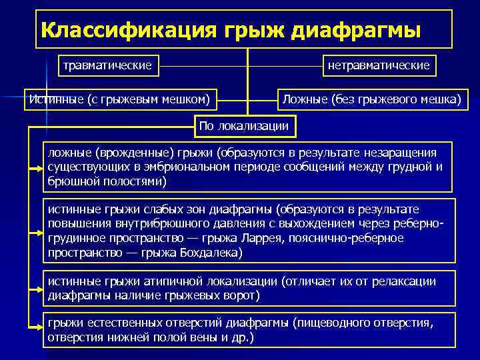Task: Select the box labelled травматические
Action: [x=107, y=65]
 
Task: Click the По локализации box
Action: [x=244, y=125]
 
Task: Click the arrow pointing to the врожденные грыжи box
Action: [x=35, y=168]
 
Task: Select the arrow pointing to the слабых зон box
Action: [x=35, y=230]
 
